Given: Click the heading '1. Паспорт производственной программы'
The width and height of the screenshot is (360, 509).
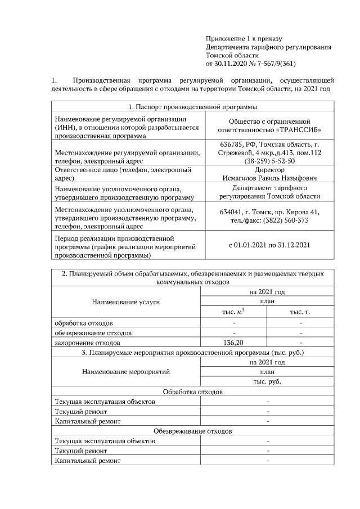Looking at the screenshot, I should tap(192, 107).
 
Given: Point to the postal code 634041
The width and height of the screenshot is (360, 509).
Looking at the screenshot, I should tap(231, 212).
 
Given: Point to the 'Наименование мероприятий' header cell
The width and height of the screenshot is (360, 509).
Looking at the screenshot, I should tap(126, 372).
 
